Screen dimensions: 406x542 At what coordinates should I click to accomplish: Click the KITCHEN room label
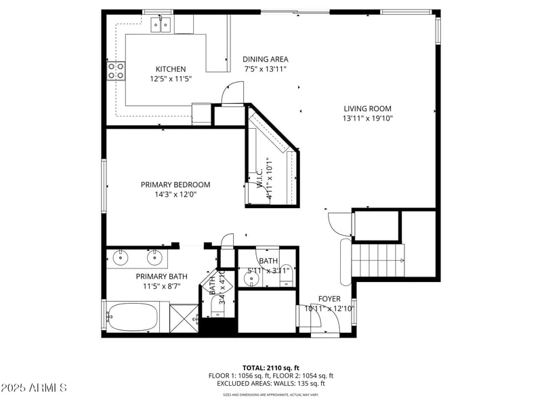(170, 69)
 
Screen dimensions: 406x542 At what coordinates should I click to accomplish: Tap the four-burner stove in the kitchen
(115, 70)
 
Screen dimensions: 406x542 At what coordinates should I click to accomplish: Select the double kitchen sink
(161, 25)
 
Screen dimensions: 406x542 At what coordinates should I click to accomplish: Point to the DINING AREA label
(265, 59)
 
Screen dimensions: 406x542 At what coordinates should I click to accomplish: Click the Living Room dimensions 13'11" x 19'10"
(367, 119)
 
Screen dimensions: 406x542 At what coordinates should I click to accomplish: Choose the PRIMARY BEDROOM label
(175, 184)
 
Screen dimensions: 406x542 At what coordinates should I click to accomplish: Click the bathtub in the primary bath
(133, 317)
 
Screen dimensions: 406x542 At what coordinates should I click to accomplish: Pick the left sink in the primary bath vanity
(121, 257)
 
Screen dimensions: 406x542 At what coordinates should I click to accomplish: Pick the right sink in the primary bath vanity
(155, 257)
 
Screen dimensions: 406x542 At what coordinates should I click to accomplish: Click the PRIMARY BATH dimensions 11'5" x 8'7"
(161, 287)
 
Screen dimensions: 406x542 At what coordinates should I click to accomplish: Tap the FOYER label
(329, 299)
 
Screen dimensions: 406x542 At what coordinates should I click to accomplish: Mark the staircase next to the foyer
(380, 260)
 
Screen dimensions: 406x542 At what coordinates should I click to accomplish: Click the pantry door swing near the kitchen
(232, 93)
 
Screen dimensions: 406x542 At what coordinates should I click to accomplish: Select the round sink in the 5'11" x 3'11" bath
(247, 277)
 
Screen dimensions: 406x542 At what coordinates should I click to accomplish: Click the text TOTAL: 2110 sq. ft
(271, 367)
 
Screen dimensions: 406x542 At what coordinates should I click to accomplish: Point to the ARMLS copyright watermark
(34, 388)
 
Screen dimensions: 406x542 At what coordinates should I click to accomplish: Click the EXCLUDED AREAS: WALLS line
(271, 384)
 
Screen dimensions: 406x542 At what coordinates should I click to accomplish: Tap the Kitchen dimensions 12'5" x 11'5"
(170, 79)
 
